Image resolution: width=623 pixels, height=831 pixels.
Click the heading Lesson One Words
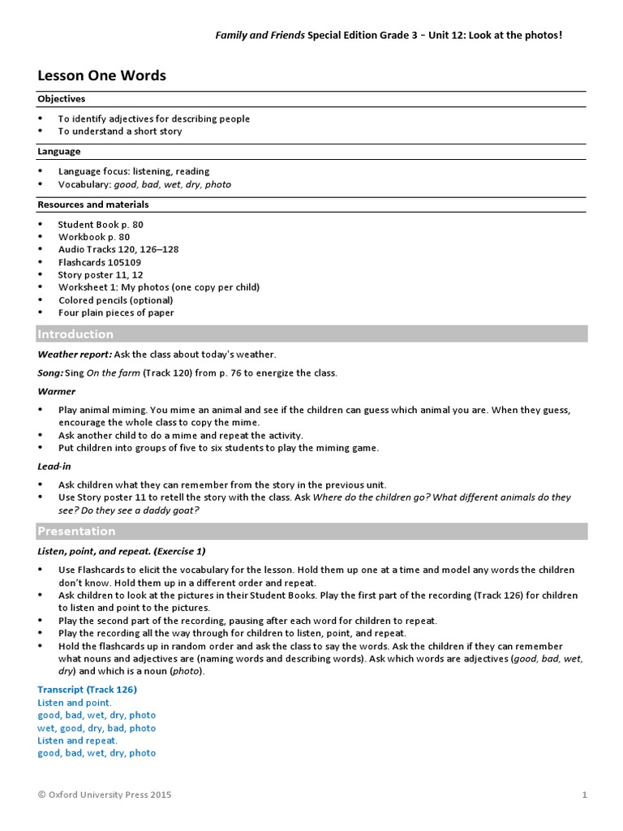pyautogui.click(x=101, y=75)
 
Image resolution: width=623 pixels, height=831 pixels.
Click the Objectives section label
pyautogui.click(x=61, y=99)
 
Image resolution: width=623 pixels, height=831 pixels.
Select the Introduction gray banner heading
pyautogui.click(x=75, y=334)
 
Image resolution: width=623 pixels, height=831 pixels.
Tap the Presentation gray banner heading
pyautogui.click(x=76, y=532)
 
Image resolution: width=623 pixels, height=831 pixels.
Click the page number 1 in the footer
pyautogui.click(x=583, y=794)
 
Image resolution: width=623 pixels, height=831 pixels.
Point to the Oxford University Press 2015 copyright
pyautogui.click(x=105, y=794)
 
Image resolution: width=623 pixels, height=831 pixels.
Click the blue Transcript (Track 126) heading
pyautogui.click(x=87, y=690)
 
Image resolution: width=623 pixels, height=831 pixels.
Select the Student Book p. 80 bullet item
pyautogui.click(x=101, y=224)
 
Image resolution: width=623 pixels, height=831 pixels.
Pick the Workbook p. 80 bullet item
pyautogui.click(x=93, y=237)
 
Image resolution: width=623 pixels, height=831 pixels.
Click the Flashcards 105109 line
pyautogui.click(x=99, y=262)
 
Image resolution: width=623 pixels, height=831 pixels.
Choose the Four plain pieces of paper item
pyautogui.click(x=116, y=312)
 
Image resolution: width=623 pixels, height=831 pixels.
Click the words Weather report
pyautogui.click(x=75, y=354)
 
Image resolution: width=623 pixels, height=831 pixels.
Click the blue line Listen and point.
pyautogui.click(x=75, y=703)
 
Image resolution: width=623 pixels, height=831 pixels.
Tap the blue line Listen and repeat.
pyautogui.click(x=77, y=740)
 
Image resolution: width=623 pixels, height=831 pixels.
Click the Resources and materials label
pyautogui.click(x=93, y=205)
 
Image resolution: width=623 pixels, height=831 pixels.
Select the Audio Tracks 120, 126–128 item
pyautogui.click(x=118, y=250)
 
